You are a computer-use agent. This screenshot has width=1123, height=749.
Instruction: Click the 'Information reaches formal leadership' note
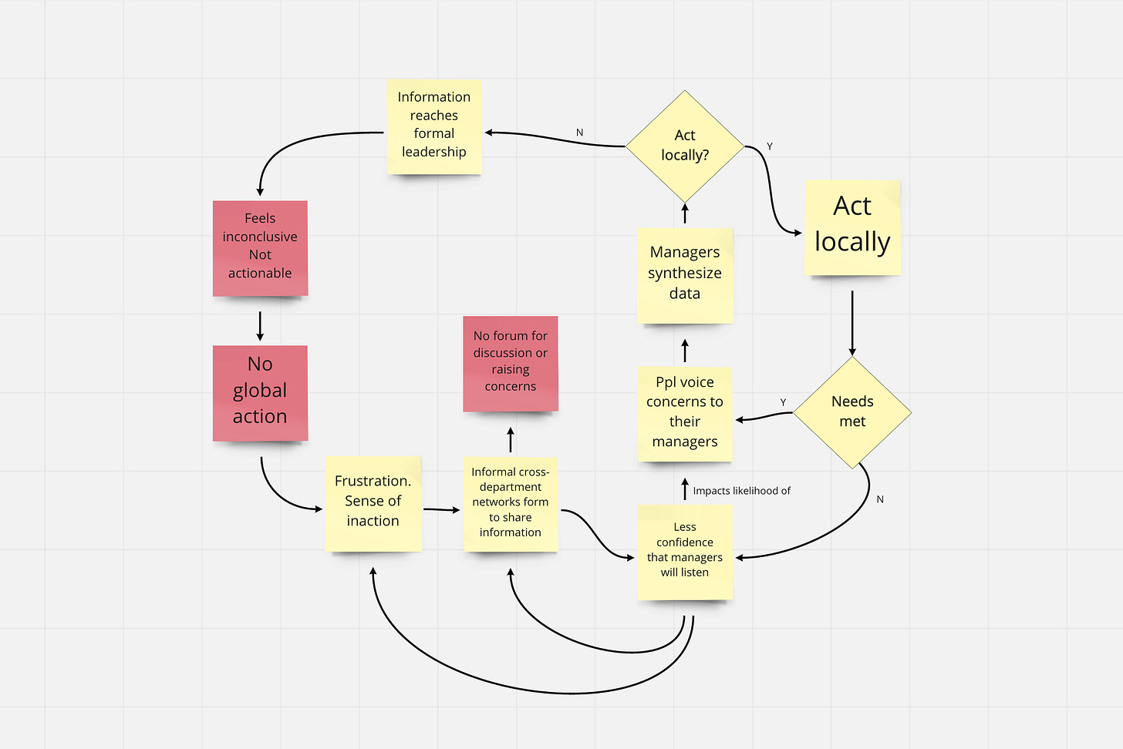point(434,127)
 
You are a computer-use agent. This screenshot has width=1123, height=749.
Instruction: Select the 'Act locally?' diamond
point(685,146)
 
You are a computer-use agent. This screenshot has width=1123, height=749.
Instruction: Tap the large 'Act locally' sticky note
point(852,228)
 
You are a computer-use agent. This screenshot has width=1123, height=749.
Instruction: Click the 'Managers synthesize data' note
point(685,276)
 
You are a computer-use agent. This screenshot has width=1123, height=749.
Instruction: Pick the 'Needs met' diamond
point(852,412)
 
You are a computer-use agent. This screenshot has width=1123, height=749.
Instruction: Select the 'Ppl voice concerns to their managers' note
point(685,414)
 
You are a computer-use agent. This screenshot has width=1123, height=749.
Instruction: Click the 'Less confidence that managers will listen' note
point(685,552)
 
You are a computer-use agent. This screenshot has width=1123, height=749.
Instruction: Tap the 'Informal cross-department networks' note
point(511,504)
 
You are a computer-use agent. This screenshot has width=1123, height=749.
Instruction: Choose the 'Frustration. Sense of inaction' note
point(373,503)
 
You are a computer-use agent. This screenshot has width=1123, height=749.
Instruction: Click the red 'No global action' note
point(260,393)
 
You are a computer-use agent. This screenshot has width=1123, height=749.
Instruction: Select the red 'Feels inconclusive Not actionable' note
point(260,248)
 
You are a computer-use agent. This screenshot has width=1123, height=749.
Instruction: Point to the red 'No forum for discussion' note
point(511,364)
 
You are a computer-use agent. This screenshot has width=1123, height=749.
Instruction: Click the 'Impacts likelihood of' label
point(741,491)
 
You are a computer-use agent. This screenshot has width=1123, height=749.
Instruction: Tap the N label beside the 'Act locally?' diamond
point(579,133)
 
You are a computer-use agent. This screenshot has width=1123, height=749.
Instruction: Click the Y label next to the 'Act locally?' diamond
point(770,146)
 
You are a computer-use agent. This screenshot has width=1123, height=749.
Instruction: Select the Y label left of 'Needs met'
point(783,402)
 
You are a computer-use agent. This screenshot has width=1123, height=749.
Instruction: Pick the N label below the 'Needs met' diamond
point(880,499)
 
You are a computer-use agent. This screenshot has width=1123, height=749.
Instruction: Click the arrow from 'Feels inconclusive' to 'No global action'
point(260,326)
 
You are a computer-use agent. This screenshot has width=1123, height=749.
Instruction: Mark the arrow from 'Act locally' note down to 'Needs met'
point(852,323)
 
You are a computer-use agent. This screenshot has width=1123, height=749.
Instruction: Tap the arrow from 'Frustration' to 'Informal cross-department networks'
point(442,509)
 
